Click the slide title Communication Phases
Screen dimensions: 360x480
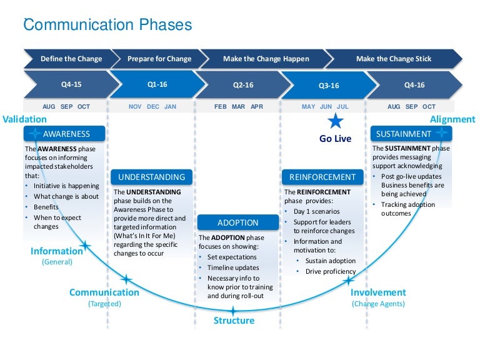coord(107,26)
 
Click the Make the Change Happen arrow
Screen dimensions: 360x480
coord(266,59)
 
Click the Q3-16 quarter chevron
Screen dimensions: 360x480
coord(328,86)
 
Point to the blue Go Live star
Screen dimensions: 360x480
coord(336,121)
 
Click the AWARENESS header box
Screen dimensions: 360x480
coord(66,134)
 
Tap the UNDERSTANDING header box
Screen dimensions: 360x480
coord(151,177)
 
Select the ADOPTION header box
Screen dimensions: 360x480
coord(237,222)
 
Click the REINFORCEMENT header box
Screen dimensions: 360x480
coord(322,177)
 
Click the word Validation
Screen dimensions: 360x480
coord(24,119)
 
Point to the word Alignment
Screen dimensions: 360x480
coord(452,119)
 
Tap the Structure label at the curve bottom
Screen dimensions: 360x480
coord(234,321)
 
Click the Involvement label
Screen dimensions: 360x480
coord(378,292)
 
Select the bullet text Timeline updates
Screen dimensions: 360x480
coord(233,267)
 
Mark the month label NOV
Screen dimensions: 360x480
coord(135,107)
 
